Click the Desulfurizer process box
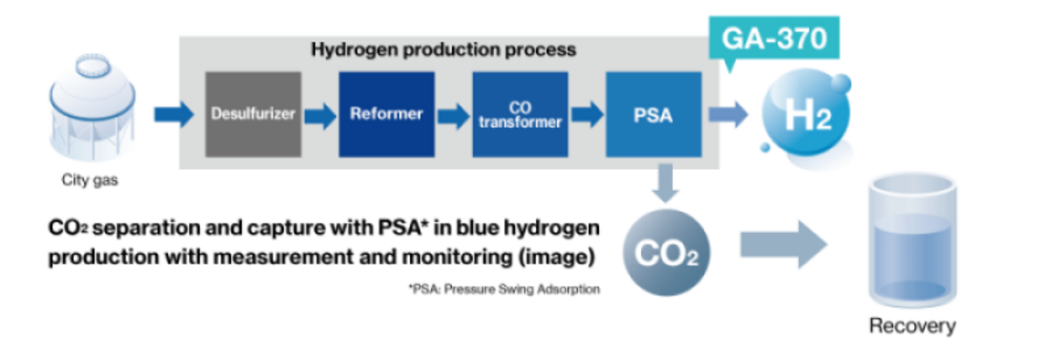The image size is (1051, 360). (x=253, y=115)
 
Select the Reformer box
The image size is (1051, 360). (x=386, y=115)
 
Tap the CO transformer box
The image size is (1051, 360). (x=519, y=115)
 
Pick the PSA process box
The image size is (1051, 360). (x=652, y=115)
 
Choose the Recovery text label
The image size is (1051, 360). (x=912, y=327)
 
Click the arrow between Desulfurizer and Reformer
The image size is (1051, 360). (x=321, y=115)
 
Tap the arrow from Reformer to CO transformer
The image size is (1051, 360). (x=454, y=115)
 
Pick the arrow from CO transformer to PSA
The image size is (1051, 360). (x=587, y=115)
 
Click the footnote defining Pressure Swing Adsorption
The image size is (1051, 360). (x=504, y=290)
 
